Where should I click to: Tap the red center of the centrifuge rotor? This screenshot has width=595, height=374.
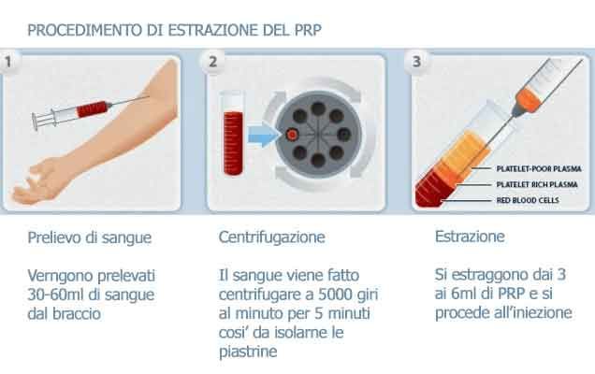(293, 135)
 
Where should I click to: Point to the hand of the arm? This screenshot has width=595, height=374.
(37, 185)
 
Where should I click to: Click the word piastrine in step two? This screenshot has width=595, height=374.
(242, 353)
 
